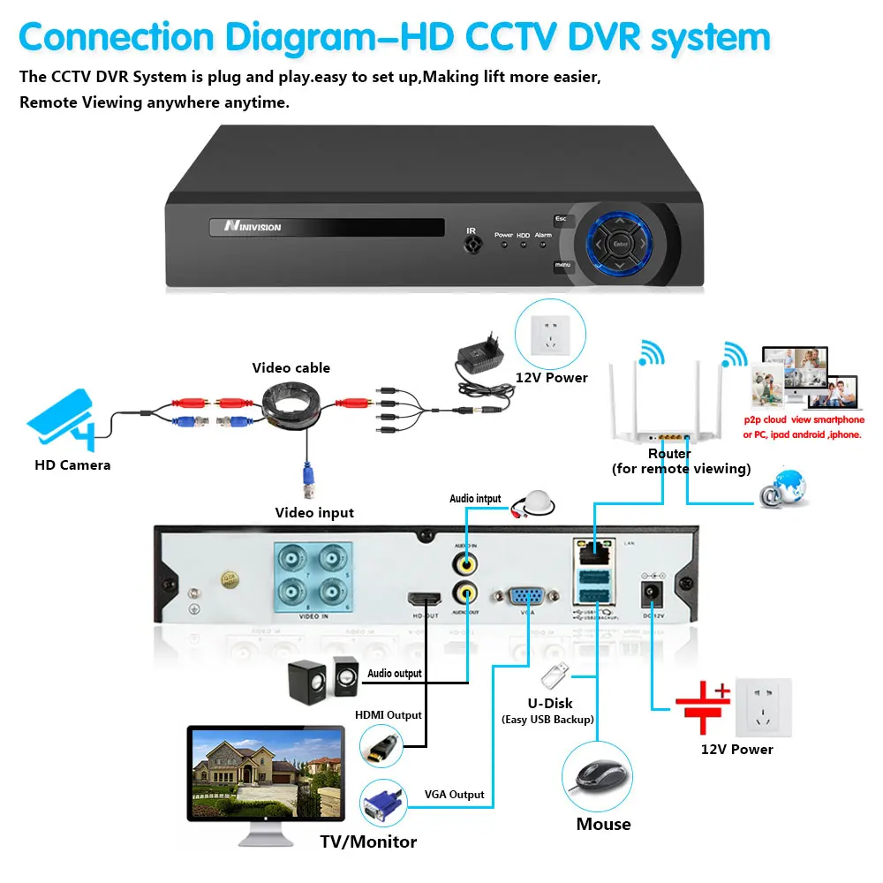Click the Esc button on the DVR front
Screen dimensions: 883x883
(561, 219)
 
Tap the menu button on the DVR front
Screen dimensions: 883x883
(562, 264)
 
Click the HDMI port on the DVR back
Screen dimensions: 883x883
(423, 598)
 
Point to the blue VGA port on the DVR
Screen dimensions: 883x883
(526, 597)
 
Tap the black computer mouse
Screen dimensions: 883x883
(597, 776)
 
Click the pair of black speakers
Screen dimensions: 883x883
(321, 679)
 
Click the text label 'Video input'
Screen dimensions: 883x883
(314, 512)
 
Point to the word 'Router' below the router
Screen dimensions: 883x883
(669, 453)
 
